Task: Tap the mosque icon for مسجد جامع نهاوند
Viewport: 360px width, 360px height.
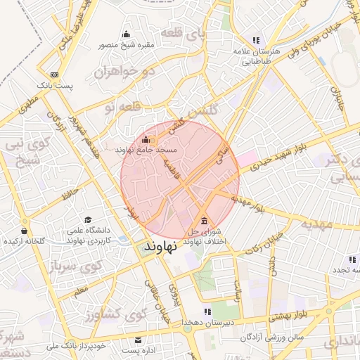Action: point(146,139)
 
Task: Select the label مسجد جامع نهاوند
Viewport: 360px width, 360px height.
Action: point(146,150)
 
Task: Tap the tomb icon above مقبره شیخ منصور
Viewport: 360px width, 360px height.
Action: point(126,34)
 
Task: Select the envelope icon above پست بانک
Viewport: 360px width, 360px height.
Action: point(55,75)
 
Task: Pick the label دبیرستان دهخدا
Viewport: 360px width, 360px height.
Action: point(208,321)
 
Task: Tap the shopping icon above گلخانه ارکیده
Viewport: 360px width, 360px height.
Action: point(25,230)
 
